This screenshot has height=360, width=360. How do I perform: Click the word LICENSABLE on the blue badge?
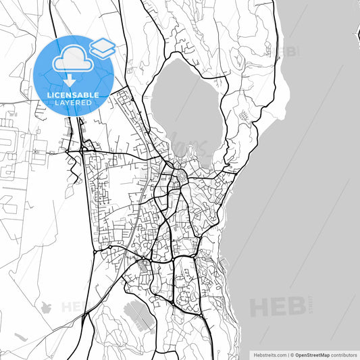73,95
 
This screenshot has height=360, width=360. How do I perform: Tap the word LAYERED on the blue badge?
73,103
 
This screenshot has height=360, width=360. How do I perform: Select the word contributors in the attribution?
344,355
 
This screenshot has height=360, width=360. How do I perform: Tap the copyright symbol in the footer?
291,355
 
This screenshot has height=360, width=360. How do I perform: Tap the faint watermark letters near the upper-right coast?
289,51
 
